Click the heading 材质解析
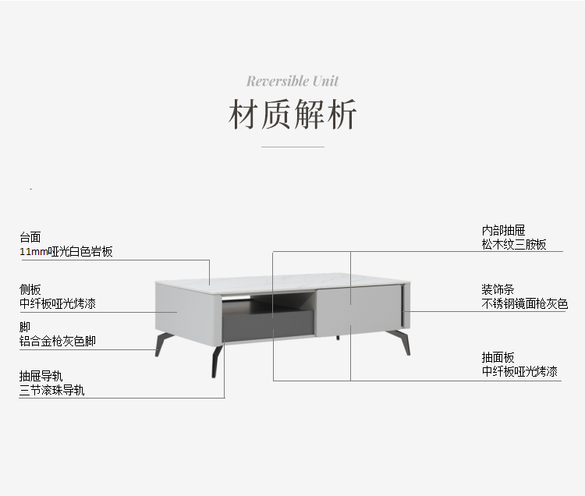[292, 115]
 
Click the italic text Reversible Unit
[292, 81]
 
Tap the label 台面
[30, 237]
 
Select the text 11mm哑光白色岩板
[66, 251]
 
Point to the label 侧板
[30, 289]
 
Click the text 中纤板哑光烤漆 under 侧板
[58, 303]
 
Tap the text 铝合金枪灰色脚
[58, 341]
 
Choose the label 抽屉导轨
[41, 376]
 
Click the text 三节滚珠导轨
[52, 390]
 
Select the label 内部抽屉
[503, 230]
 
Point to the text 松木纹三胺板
[513, 244]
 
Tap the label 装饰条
[498, 289]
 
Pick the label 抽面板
[498, 357]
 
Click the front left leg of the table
[215, 360]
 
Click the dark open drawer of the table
[269, 320]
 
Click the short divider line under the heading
[292, 147]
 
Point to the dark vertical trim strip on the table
[403, 308]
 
